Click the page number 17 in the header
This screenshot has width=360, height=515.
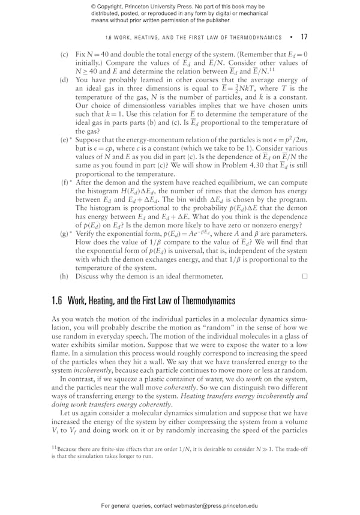pyautogui.click(x=304, y=37)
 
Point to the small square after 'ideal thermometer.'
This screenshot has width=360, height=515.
pyautogui.click(x=305, y=276)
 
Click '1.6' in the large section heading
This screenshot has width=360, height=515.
pyautogui.click(x=58, y=300)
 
